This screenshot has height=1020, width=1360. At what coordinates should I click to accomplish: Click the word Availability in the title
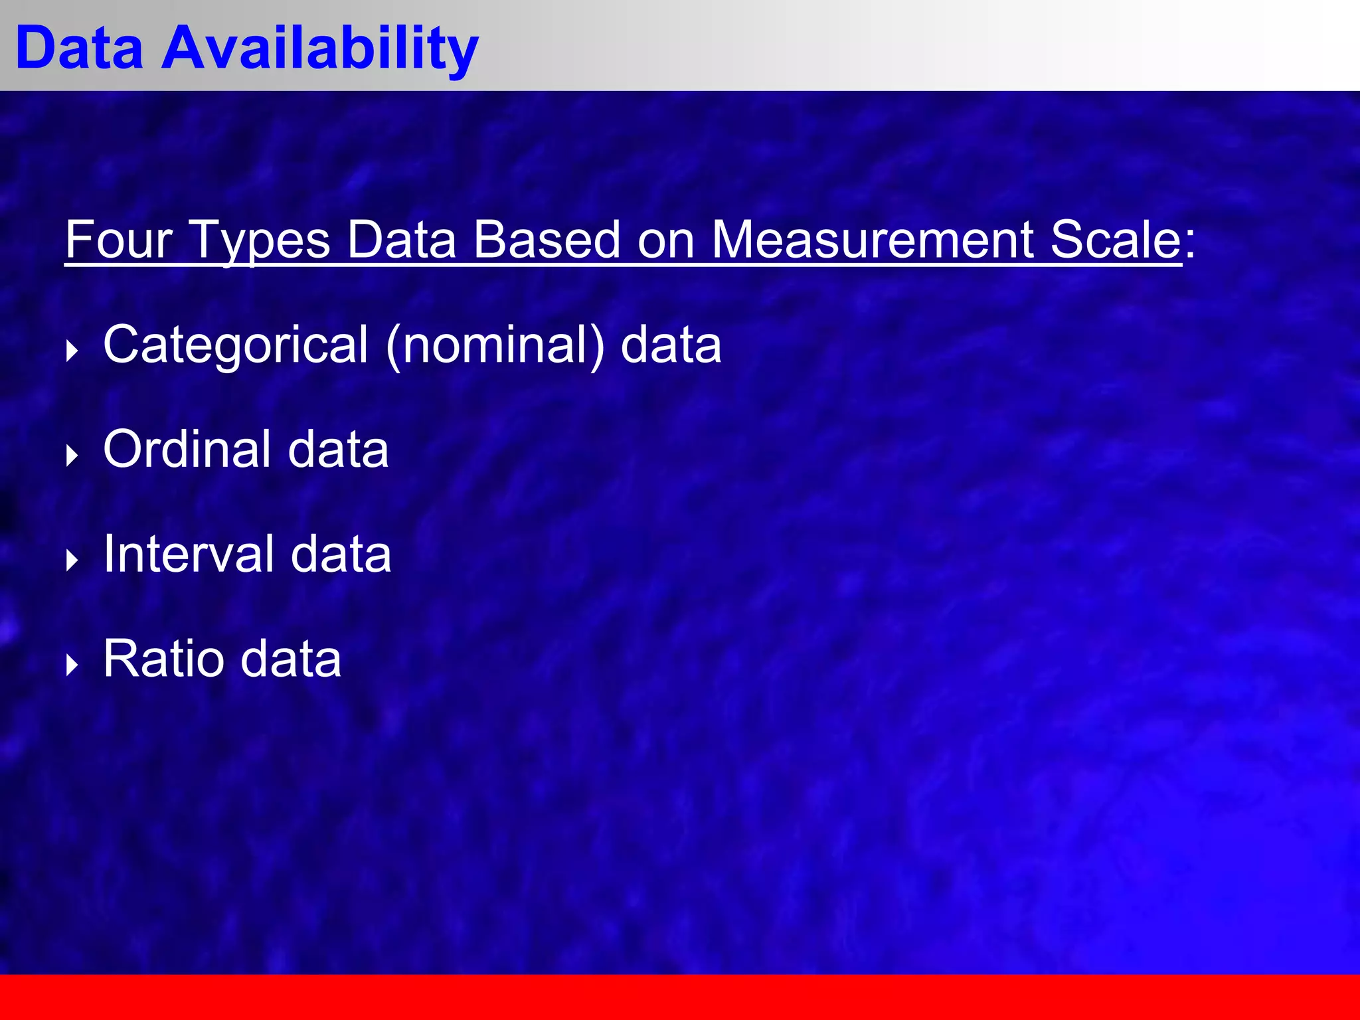pyautogui.click(x=319, y=48)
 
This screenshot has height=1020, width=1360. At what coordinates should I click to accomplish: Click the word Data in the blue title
pyautogui.click(x=79, y=48)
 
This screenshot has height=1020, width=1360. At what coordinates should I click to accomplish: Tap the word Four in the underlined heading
pyautogui.click(x=119, y=240)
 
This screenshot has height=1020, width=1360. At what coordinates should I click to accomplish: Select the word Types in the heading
pyautogui.click(x=260, y=240)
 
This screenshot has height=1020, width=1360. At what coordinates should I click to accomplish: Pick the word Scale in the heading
pyautogui.click(x=1116, y=240)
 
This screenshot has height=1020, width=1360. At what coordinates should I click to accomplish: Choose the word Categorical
pyautogui.click(x=236, y=345)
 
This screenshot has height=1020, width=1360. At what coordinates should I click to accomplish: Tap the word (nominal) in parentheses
pyautogui.click(x=495, y=345)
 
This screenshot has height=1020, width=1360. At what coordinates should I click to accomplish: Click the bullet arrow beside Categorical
pyautogui.click(x=72, y=351)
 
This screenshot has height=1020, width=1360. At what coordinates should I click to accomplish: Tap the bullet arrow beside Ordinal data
pyautogui.click(x=72, y=456)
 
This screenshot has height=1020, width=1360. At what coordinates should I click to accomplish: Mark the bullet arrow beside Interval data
pyautogui.click(x=72, y=560)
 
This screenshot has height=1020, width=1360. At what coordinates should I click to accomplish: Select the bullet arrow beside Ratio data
pyautogui.click(x=72, y=665)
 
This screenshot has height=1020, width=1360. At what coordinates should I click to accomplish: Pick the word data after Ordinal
pyautogui.click(x=338, y=450)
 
